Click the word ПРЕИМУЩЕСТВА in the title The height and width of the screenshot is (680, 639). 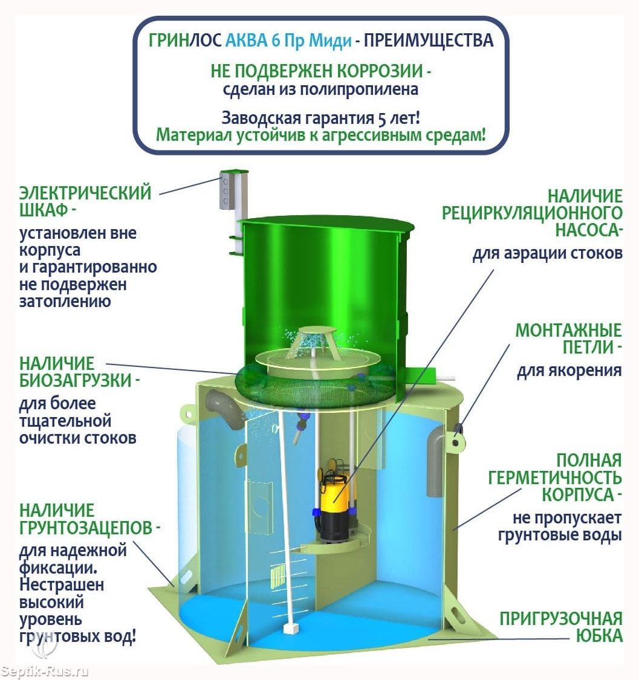point(429,40)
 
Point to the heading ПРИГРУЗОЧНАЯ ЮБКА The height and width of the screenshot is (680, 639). point(560,627)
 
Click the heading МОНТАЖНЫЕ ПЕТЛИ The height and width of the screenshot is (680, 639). point(569,338)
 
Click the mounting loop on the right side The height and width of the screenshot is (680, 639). point(456,439)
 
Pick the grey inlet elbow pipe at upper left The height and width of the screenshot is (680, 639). point(222,406)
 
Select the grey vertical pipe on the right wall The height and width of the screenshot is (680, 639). point(435,461)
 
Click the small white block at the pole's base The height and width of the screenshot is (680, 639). point(290,629)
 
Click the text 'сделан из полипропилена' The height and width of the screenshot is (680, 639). point(320,90)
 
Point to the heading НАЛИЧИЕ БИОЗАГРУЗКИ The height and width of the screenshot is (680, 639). point(79,372)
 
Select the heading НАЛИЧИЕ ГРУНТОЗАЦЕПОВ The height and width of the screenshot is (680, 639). point(89,519)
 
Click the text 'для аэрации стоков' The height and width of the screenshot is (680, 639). point(548,253)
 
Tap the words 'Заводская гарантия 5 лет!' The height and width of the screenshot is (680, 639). point(320,117)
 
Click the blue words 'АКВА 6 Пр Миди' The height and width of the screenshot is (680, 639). point(288,40)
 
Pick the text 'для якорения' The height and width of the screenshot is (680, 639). point(569,371)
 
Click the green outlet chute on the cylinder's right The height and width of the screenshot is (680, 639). point(421,375)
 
